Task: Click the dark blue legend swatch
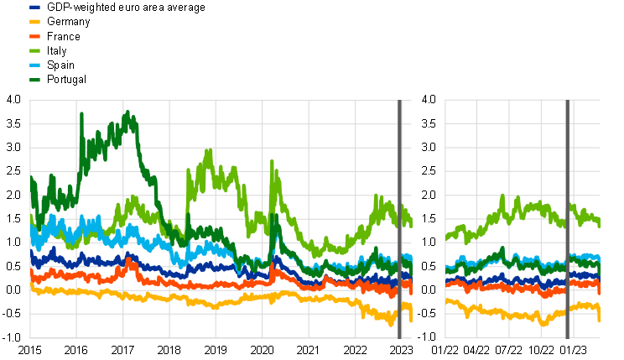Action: [x=34, y=7]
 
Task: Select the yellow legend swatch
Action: [x=34, y=22]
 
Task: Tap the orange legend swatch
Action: [x=34, y=36]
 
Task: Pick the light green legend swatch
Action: [x=34, y=50]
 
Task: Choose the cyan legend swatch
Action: [x=34, y=65]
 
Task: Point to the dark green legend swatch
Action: [x=34, y=80]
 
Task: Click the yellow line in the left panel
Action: [x=168, y=298]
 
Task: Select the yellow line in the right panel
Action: [x=503, y=314]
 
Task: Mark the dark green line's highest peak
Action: [x=127, y=112]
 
